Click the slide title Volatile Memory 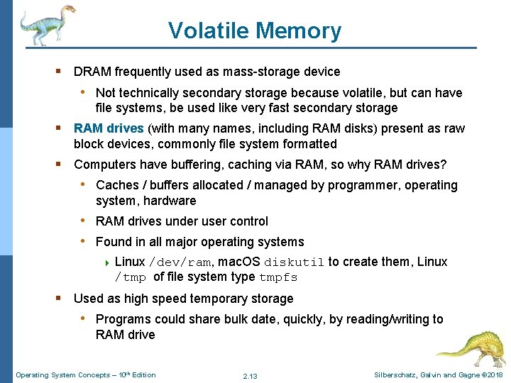pyautogui.click(x=255, y=30)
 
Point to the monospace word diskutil pyautogui.click(x=294, y=262)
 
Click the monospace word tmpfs pyautogui.click(x=278, y=277)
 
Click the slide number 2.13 pyautogui.click(x=250, y=375)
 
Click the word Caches pyautogui.click(x=117, y=185)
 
